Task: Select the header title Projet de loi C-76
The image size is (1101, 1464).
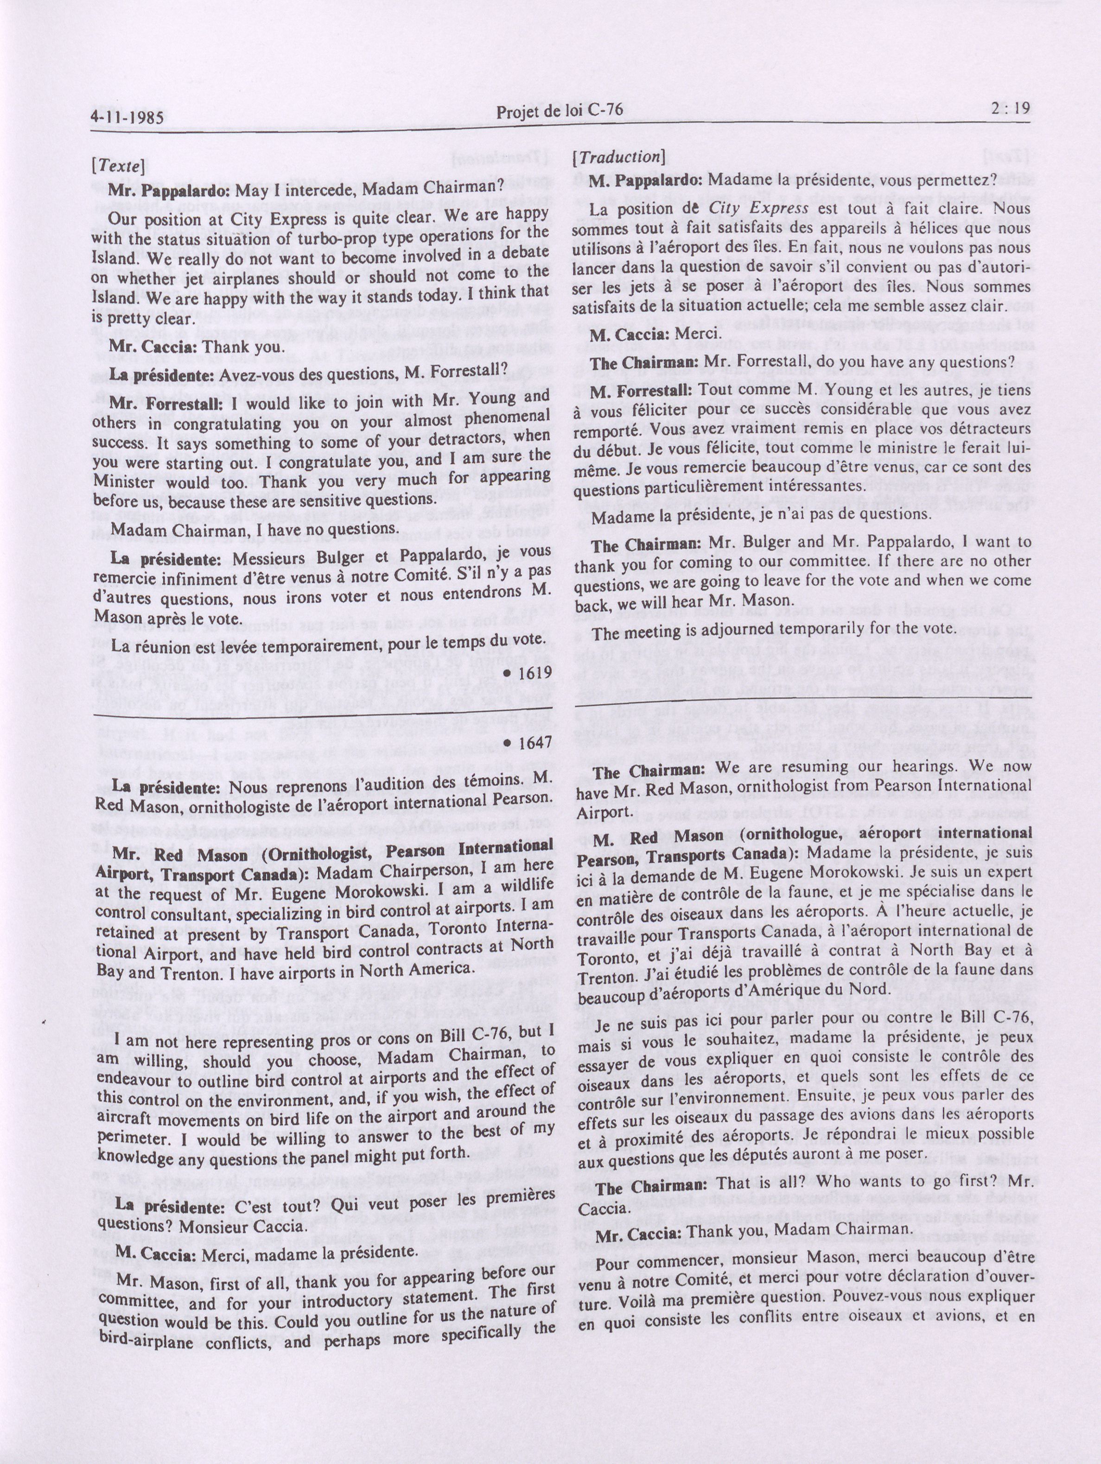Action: click(x=559, y=110)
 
